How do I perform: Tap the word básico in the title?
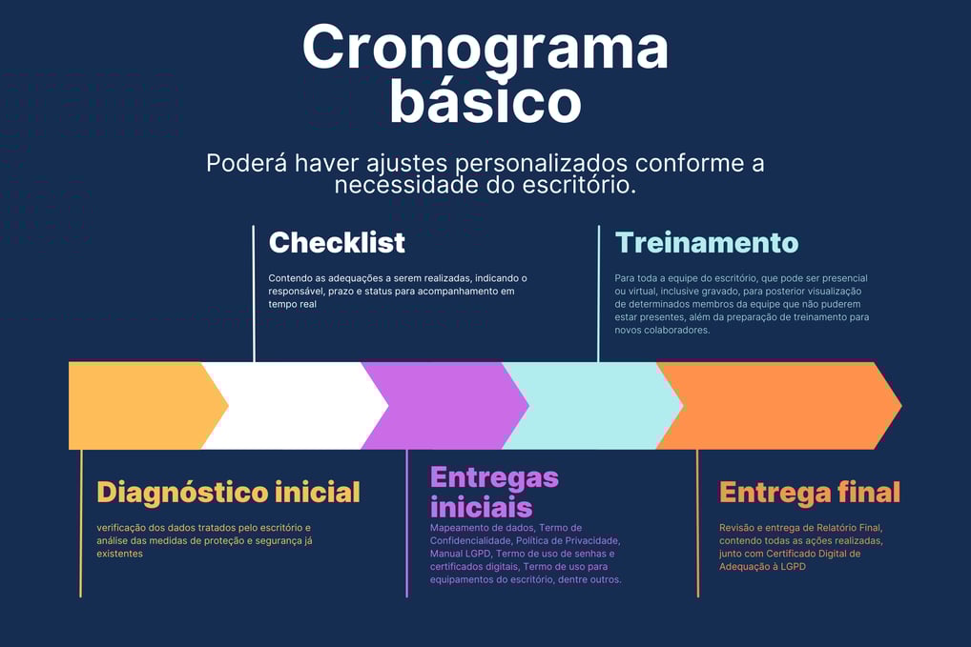click(x=485, y=101)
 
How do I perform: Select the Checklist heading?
click(x=337, y=242)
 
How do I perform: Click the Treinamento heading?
click(x=707, y=242)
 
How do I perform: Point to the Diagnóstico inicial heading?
click(x=229, y=493)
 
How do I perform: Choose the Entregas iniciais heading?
click(x=494, y=493)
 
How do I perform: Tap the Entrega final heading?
click(x=810, y=493)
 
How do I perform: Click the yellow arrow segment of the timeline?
click(x=142, y=406)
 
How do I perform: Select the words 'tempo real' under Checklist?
click(x=292, y=304)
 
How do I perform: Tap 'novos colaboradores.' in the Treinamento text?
click(x=662, y=331)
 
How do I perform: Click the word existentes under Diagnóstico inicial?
click(x=119, y=554)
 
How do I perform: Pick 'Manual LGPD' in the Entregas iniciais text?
click(x=460, y=554)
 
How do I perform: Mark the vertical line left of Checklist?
click(x=254, y=293)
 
